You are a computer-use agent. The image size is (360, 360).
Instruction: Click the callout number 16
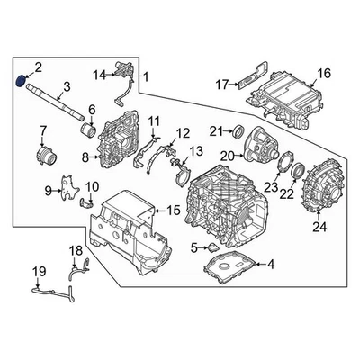point(324,74)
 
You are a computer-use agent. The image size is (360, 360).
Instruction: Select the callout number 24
point(319,227)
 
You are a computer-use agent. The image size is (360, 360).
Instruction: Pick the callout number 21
point(215,132)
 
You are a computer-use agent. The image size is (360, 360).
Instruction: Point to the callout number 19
point(38,271)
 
